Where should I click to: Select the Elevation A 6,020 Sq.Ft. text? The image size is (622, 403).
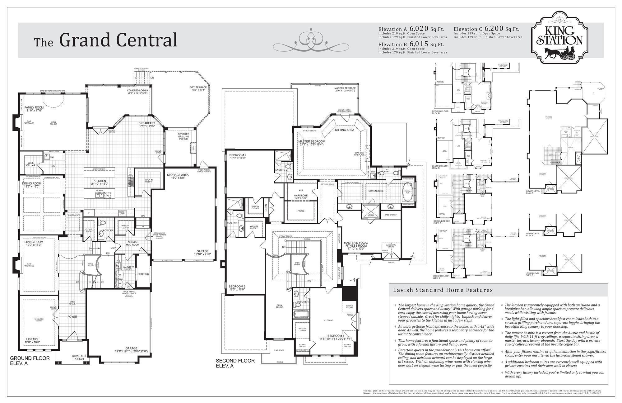pyautogui.click(x=411, y=29)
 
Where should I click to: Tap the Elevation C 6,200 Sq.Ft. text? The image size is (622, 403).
pyautogui.click(x=486, y=29)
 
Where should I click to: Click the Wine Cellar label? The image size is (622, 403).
pyautogui.click(x=30, y=164)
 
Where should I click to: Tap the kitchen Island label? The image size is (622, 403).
pyautogui.click(x=99, y=190)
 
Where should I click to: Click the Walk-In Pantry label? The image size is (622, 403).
pyautogui.click(x=148, y=181)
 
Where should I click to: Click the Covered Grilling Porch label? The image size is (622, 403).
pyautogui.click(x=183, y=136)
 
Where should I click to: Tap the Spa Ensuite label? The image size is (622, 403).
pyautogui.click(x=376, y=191)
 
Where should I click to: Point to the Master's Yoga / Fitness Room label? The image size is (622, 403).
pyautogui.click(x=356, y=244)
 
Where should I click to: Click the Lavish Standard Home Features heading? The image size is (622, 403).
pyautogui.click(x=443, y=290)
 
